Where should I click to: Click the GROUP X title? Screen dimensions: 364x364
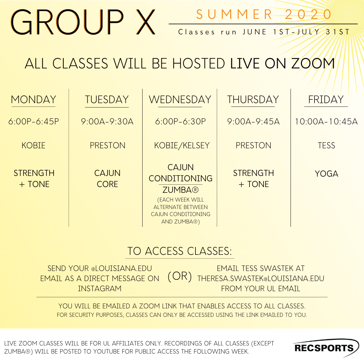(84, 22)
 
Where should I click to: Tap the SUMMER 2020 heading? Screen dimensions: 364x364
(264, 14)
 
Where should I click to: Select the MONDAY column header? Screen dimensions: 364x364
(33, 100)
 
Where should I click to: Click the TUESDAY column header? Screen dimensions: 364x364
(107, 100)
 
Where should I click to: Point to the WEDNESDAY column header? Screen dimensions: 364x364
(180, 100)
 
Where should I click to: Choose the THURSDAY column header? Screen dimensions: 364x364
(253, 100)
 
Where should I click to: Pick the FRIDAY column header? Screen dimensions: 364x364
(326, 100)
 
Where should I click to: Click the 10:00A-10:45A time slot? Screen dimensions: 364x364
(326, 121)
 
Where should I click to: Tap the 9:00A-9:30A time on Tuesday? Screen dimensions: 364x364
(107, 121)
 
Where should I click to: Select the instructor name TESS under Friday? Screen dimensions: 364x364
(326, 146)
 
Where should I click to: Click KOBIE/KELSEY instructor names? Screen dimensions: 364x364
(182, 146)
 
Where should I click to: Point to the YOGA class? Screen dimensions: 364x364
(326, 174)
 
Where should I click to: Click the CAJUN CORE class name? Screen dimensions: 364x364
(107, 179)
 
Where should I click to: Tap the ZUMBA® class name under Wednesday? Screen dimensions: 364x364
(181, 191)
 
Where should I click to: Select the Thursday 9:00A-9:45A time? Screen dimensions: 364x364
(253, 121)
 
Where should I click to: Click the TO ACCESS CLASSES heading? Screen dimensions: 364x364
(180, 251)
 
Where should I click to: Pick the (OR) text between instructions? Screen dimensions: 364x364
(180, 277)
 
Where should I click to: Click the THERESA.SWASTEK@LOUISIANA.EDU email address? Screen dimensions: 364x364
(261, 279)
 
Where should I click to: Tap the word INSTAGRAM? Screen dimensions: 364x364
(99, 289)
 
